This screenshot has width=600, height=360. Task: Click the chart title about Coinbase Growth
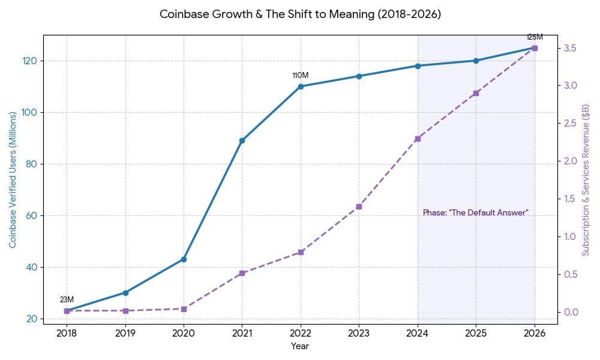click(300, 14)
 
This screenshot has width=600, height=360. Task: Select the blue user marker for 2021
click(242, 140)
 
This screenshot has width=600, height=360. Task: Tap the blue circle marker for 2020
click(184, 259)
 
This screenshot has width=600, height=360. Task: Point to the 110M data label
click(300, 76)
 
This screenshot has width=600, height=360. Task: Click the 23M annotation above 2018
click(67, 300)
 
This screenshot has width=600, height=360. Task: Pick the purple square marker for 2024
click(418, 139)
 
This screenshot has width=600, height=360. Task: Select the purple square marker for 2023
click(359, 206)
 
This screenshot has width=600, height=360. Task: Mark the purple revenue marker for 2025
click(476, 93)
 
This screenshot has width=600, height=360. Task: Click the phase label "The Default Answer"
click(475, 213)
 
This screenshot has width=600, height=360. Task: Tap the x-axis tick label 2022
click(300, 334)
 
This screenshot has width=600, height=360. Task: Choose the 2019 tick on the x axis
click(125, 334)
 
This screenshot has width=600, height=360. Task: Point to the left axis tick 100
click(29, 112)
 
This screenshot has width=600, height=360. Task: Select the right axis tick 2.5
click(569, 123)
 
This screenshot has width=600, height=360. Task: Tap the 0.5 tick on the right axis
click(569, 274)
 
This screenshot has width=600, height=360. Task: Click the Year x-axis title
click(300, 346)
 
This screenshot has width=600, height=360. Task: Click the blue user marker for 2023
click(359, 76)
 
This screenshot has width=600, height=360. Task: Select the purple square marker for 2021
click(242, 273)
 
